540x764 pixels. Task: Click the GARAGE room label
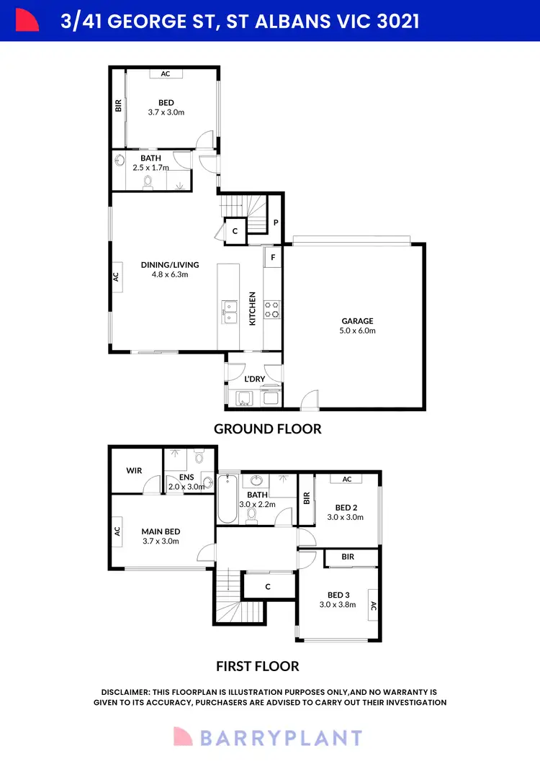click(x=357, y=321)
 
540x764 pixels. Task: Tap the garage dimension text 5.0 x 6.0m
click(x=357, y=331)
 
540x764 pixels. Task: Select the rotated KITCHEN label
click(x=252, y=308)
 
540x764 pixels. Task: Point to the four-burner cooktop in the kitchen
click(x=273, y=309)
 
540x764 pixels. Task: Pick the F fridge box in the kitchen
click(x=273, y=257)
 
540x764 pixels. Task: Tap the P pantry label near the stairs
click(x=276, y=223)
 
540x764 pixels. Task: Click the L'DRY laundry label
click(x=255, y=379)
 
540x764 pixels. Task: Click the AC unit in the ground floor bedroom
click(x=166, y=73)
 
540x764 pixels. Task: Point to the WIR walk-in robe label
click(x=135, y=471)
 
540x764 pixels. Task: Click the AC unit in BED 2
click(x=347, y=480)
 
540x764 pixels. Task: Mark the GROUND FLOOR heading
click(x=267, y=429)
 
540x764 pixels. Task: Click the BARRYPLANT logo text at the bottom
click(x=282, y=738)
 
